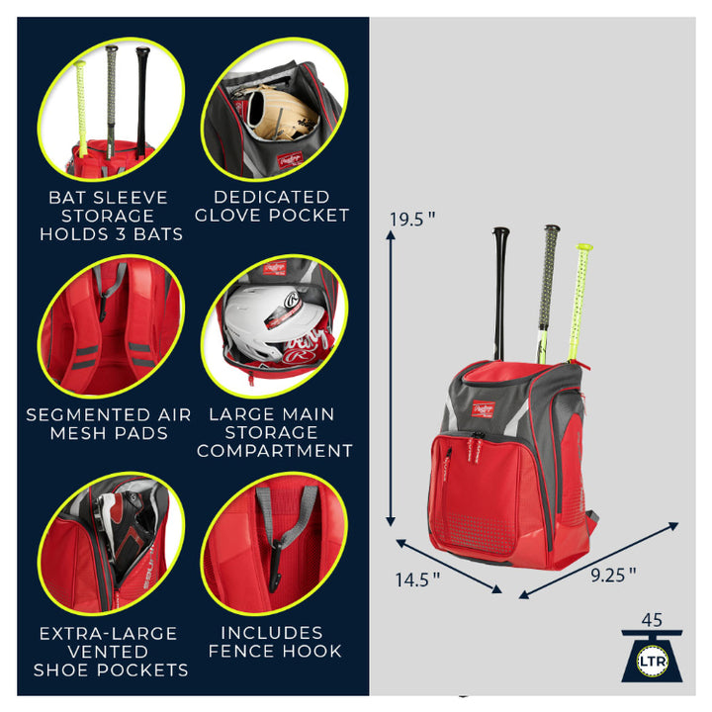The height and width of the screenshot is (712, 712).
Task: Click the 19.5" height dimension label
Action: point(411,220)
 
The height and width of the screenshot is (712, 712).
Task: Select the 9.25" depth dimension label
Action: point(612,575)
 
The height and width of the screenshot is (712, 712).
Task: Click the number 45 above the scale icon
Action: point(652,620)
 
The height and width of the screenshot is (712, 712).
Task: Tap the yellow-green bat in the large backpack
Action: point(580,297)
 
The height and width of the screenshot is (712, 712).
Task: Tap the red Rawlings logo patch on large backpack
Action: point(482,407)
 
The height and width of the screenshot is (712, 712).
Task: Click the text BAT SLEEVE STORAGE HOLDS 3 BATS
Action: point(110,216)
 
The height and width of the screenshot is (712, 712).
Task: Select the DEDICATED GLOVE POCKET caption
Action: point(272,206)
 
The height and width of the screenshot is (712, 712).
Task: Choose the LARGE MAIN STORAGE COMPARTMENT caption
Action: point(274,432)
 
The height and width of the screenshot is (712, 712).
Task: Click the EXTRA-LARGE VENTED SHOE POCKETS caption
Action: point(110,651)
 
